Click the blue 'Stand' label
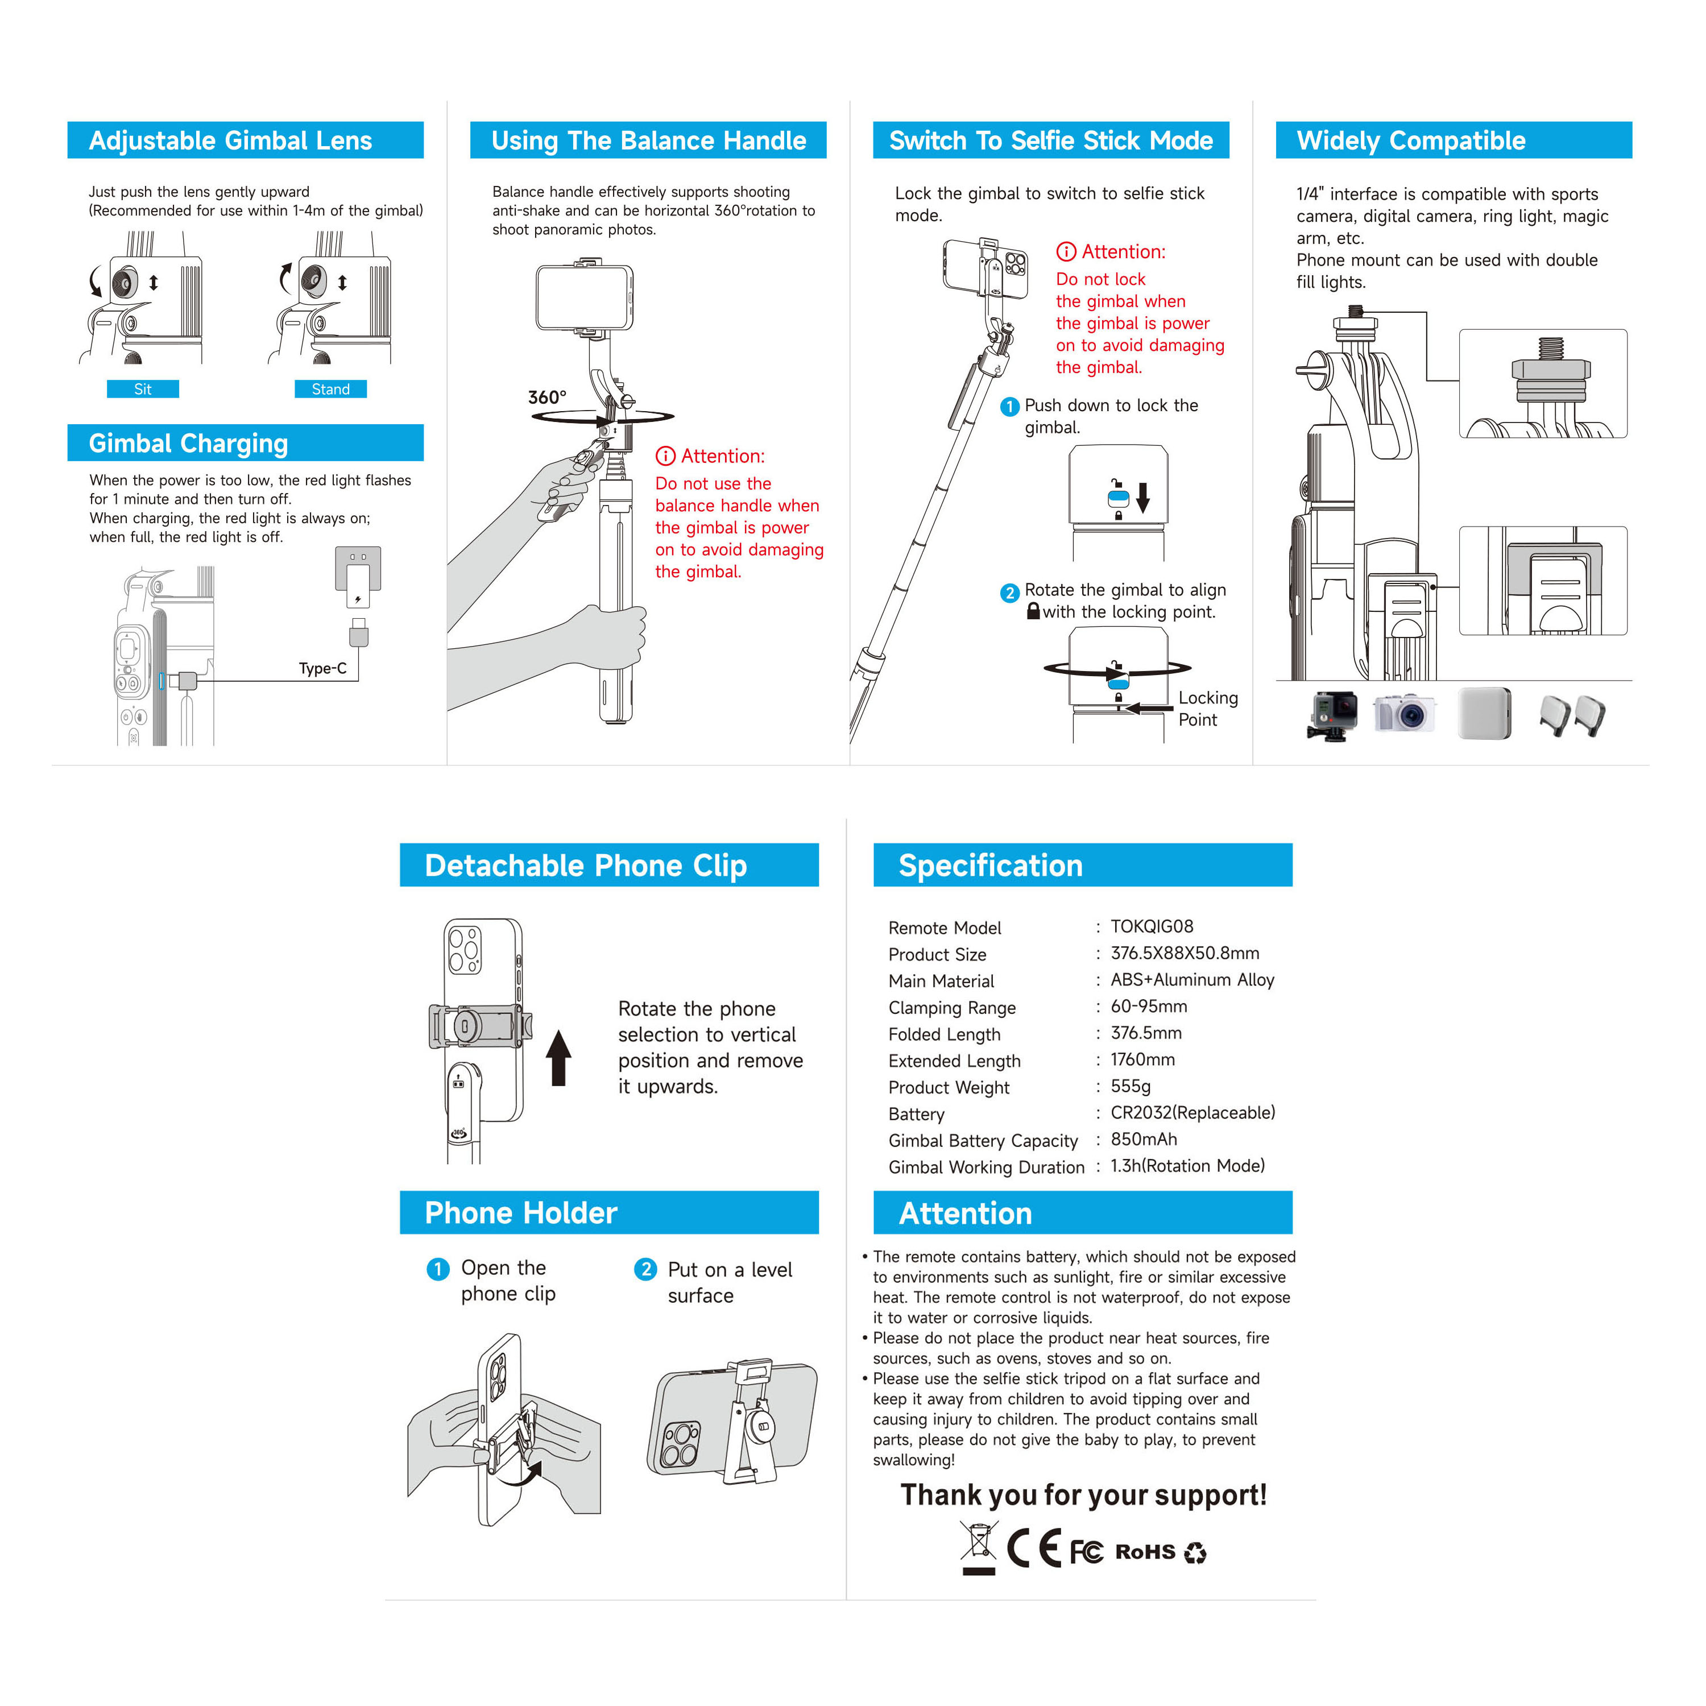330,390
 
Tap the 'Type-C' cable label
322,668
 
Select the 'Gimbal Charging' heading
188,444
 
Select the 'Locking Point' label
1207,708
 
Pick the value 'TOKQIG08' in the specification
1152,926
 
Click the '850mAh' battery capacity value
1144,1139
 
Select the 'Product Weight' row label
949,1088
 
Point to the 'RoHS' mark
1145,1551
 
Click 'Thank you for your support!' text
1083,1495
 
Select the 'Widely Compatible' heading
1411,140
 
